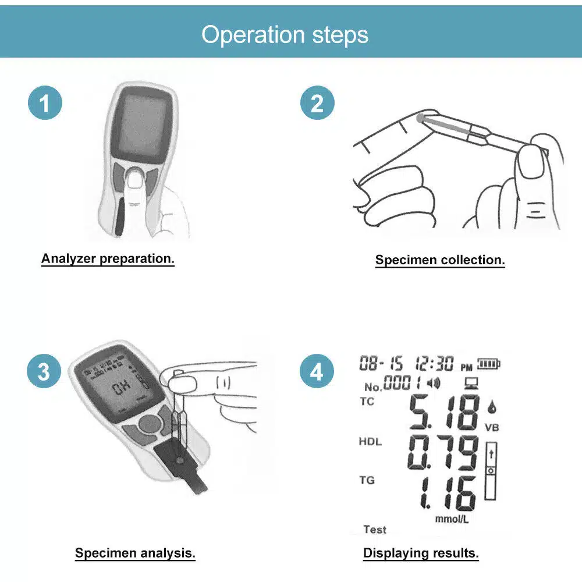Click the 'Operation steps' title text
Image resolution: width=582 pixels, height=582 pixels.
285,34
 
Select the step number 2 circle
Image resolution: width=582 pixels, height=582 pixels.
317,104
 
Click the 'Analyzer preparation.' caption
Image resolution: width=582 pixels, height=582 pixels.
108,258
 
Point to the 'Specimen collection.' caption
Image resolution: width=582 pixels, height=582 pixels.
440,260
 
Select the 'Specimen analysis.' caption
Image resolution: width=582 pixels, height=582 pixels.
135,552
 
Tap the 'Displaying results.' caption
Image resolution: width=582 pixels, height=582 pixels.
421,552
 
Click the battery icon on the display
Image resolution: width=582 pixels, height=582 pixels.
489,364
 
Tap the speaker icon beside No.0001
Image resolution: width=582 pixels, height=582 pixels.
434,383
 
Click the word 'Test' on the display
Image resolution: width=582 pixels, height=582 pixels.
375,530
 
